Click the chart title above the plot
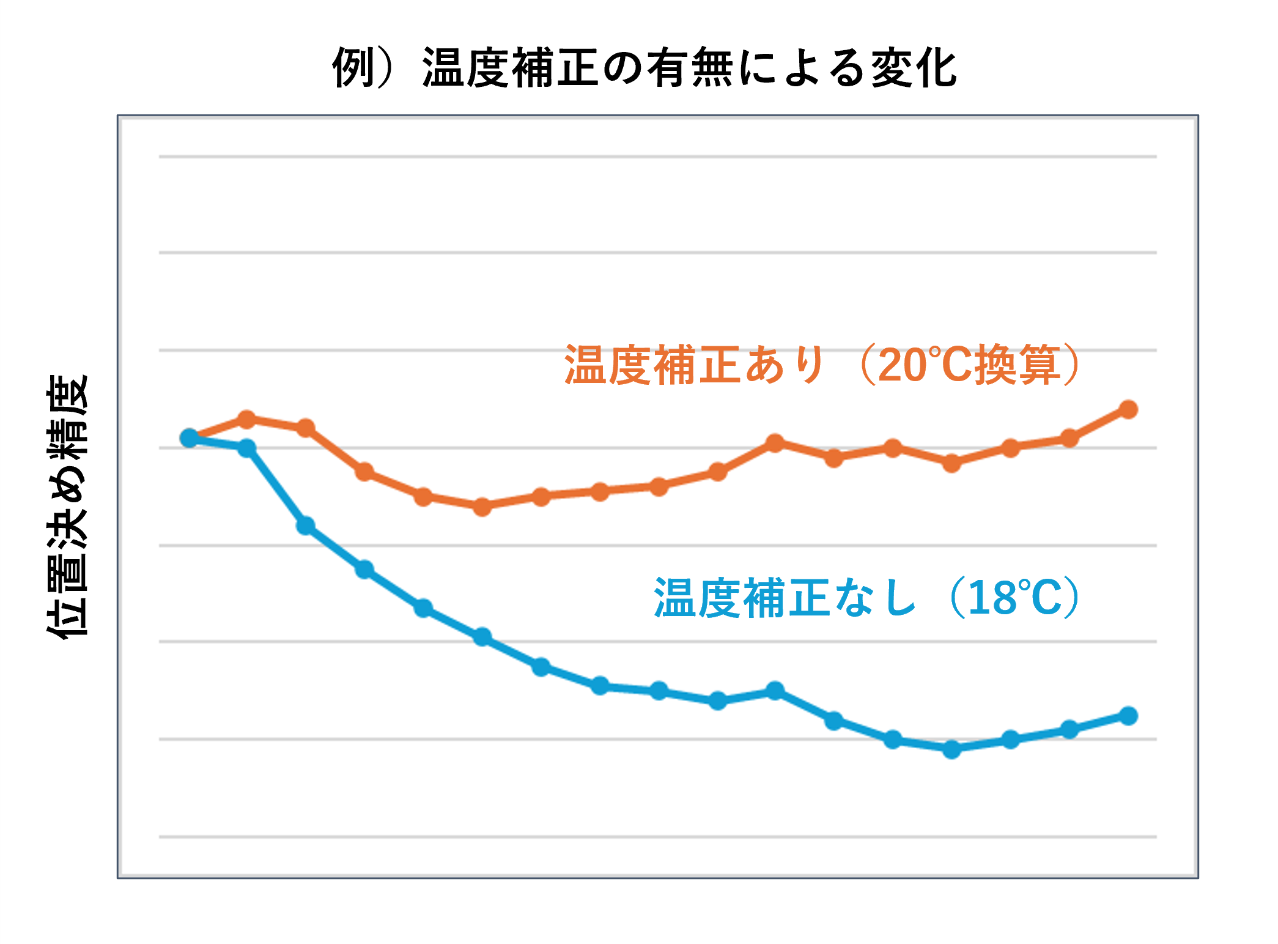pyautogui.click(x=645, y=68)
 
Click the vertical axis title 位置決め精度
pyautogui.click(x=67, y=507)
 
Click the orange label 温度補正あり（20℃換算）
pyautogui.click(x=821, y=365)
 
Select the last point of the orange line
pyautogui.click(x=1128, y=409)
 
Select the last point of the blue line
pyautogui.click(x=1128, y=715)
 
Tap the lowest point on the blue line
pyautogui.click(x=951, y=749)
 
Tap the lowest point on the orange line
pyautogui.click(x=482, y=507)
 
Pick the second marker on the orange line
pyautogui.click(x=246, y=420)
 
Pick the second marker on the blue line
pyautogui.click(x=246, y=448)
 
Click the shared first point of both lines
pyautogui.click(x=190, y=437)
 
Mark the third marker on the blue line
pyautogui.click(x=306, y=526)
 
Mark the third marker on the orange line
pyautogui.click(x=306, y=428)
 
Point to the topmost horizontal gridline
pyautogui.click(x=657, y=157)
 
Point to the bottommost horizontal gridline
pyautogui.click(x=657, y=836)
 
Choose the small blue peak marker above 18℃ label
pyautogui.click(x=775, y=691)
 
